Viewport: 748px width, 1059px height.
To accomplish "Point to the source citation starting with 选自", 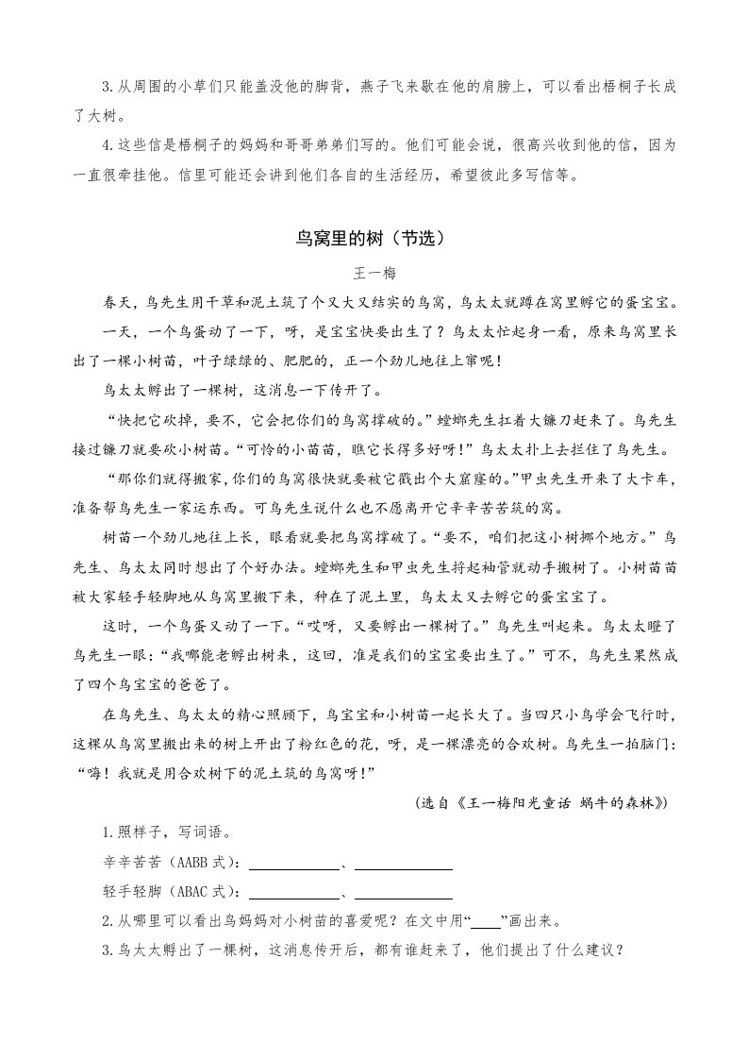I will [541, 802].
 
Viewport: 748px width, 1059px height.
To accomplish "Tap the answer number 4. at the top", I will [108, 146].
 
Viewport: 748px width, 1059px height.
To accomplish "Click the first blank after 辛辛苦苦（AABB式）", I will [293, 864].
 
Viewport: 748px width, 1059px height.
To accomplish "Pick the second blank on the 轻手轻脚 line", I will [404, 893].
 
